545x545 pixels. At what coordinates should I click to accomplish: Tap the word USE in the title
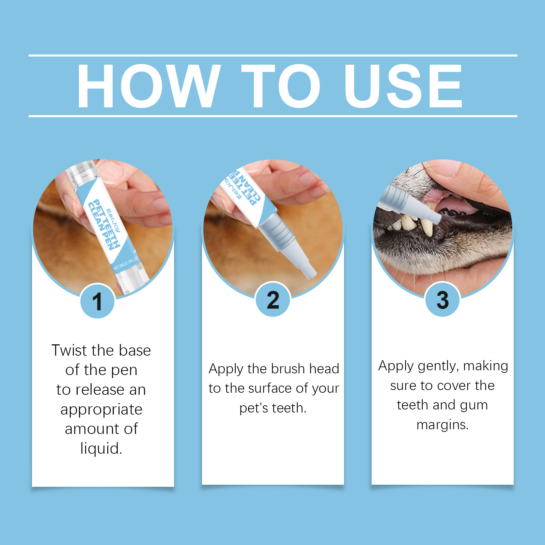coord(403,86)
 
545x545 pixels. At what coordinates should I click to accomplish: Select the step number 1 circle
coord(97,301)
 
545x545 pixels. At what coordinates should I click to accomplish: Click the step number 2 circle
coord(273,300)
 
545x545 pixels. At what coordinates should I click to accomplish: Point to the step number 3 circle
coord(442,300)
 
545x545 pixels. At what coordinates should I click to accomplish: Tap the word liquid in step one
coord(101,448)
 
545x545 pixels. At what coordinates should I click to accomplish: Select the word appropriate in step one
coord(102,410)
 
